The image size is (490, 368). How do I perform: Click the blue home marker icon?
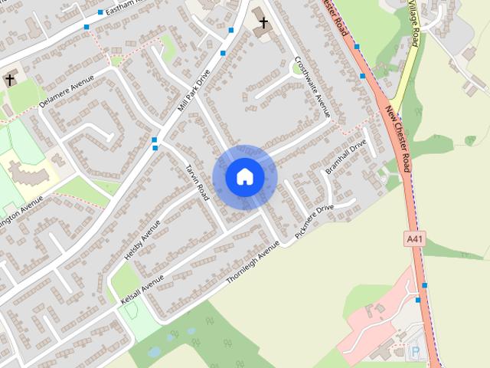coord(244,176)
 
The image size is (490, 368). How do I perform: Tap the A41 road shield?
coord(414,240)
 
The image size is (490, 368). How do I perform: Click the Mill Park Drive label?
coord(193,91)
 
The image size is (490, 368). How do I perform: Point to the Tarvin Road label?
coord(197,182)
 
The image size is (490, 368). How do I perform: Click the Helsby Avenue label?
coord(142,239)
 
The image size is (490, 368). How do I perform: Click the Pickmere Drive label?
coord(314,219)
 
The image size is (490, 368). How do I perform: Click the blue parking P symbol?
coord(416,352)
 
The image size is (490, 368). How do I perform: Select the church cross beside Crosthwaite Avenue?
coord(264,23)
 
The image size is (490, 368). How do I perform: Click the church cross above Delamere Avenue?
coord(10,79)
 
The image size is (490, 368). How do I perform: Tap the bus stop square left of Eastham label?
coord(100,12)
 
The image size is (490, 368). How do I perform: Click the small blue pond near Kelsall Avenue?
coord(155,352)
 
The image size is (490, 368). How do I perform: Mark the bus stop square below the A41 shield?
coord(424,285)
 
